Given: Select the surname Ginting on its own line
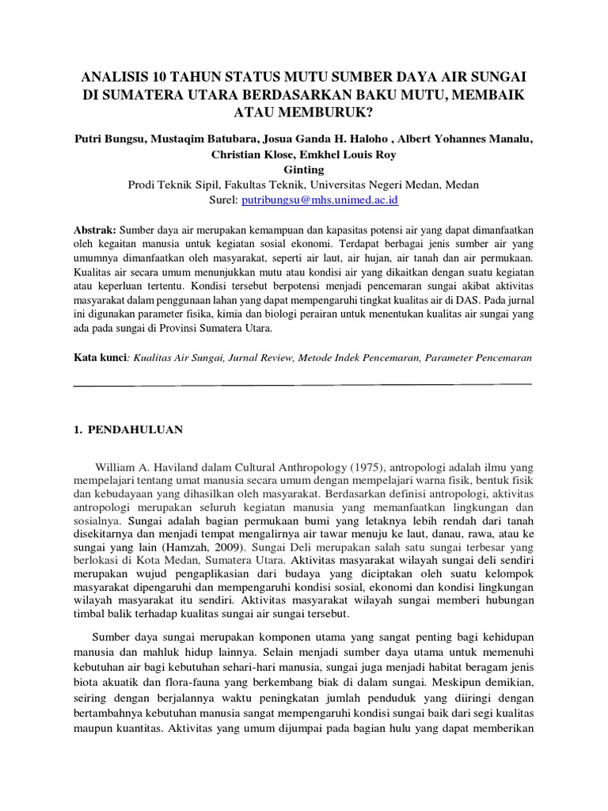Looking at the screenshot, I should (x=303, y=169).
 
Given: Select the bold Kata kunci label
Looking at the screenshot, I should (x=99, y=358).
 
